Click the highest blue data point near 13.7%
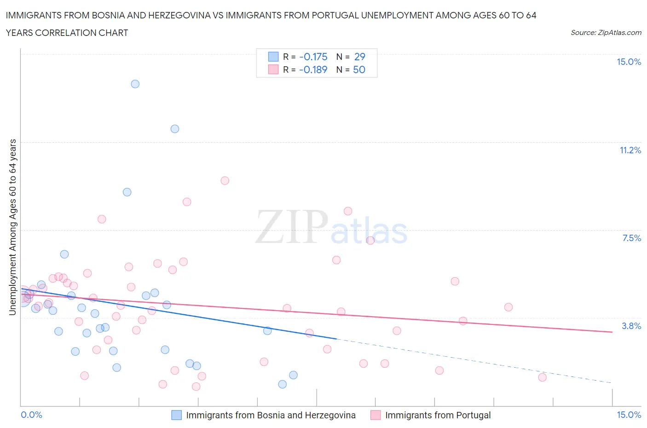coord(135,84)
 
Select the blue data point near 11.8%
coord(175,129)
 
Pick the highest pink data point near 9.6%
coord(225,180)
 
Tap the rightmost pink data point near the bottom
coord(542,377)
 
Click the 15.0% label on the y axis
coord(629,62)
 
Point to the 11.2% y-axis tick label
coord(630,150)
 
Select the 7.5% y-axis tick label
coord(631,238)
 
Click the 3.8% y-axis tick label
coord(631,326)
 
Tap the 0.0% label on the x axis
coord(32,415)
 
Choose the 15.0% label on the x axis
coord(629,415)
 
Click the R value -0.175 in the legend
coord(313,57)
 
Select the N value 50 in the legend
coord(359,69)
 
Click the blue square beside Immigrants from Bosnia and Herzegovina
coord(177,415)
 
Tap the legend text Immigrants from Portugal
coord(438,415)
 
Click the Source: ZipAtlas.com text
coord(606,33)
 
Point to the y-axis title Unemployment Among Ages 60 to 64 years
coord(13,227)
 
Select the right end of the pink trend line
coord(612,332)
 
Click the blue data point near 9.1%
coord(127,192)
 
